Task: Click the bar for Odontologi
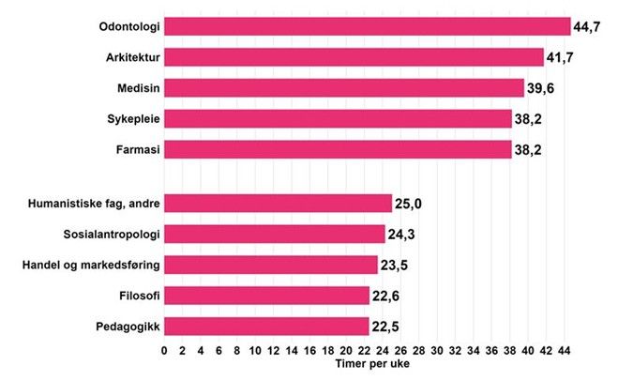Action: pyautogui.click(x=368, y=26)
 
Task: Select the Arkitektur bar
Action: pyautogui.click(x=354, y=57)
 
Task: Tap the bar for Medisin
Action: pyautogui.click(x=344, y=88)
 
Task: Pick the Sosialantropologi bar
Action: pyautogui.click(x=275, y=234)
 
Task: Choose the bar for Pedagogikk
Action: pyautogui.click(x=267, y=326)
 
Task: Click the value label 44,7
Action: pyautogui.click(x=587, y=27)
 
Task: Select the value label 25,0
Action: pyautogui.click(x=408, y=204)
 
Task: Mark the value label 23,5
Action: pyautogui.click(x=394, y=266)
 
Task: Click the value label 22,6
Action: pyautogui.click(x=385, y=296)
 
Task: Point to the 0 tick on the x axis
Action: pyautogui.click(x=165, y=351)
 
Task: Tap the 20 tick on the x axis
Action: pyautogui.click(x=346, y=351)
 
